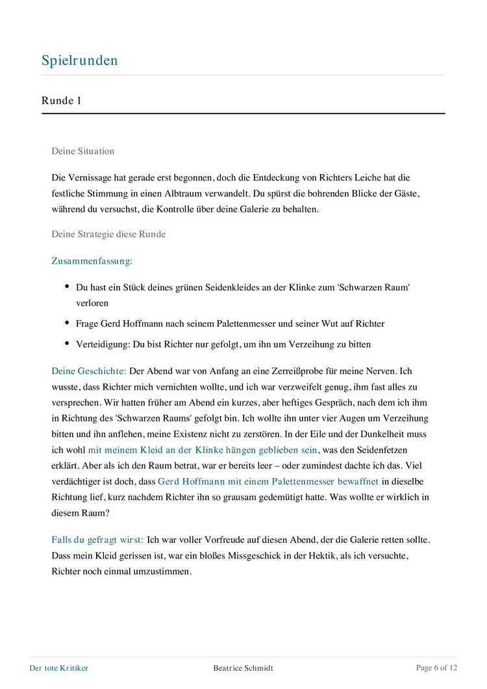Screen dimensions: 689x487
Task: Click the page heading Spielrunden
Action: click(80, 60)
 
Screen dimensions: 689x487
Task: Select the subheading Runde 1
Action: click(61, 100)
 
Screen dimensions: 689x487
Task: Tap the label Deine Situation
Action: click(83, 151)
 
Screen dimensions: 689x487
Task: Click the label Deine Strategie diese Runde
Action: click(108, 234)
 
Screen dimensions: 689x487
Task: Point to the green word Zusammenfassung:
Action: click(92, 260)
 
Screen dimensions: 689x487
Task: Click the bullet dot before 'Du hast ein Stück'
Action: click(67, 286)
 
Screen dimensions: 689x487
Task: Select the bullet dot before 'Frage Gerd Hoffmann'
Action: click(67, 323)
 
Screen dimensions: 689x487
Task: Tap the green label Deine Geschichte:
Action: click(89, 371)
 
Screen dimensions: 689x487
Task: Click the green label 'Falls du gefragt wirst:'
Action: click(97, 540)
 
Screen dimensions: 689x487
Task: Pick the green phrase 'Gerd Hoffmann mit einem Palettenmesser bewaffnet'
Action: click(268, 481)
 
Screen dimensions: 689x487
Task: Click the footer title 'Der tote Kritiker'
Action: click(59, 668)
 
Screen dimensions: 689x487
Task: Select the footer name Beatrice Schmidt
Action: click(243, 668)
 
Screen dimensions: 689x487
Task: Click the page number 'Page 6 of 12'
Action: click(436, 668)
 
